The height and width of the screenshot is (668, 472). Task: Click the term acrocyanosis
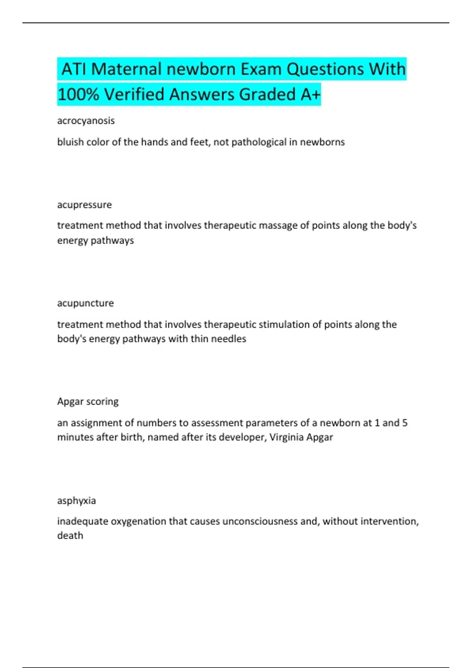(x=86, y=121)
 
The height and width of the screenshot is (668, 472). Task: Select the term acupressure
(x=84, y=205)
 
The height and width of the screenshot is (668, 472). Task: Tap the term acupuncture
(x=85, y=303)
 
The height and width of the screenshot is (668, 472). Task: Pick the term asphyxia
(x=76, y=500)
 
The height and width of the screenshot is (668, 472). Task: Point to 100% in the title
(x=78, y=95)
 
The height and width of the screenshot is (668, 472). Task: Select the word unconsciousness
(x=260, y=521)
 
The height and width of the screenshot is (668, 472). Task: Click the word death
(x=70, y=536)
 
